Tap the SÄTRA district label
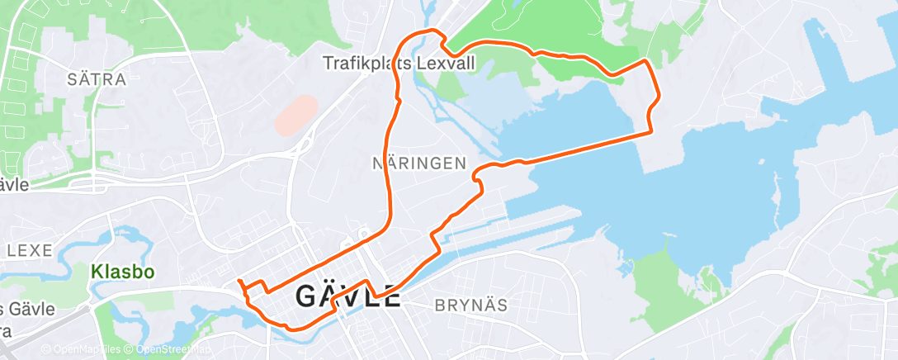tap(98, 80)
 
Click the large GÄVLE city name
tap(348, 296)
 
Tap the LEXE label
tap(31, 249)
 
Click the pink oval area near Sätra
tap(295, 115)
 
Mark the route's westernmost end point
tap(239, 282)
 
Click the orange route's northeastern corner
tap(644, 61)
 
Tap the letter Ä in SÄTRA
tap(87, 80)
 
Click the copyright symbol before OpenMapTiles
tap(46, 349)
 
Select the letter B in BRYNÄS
tap(440, 305)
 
